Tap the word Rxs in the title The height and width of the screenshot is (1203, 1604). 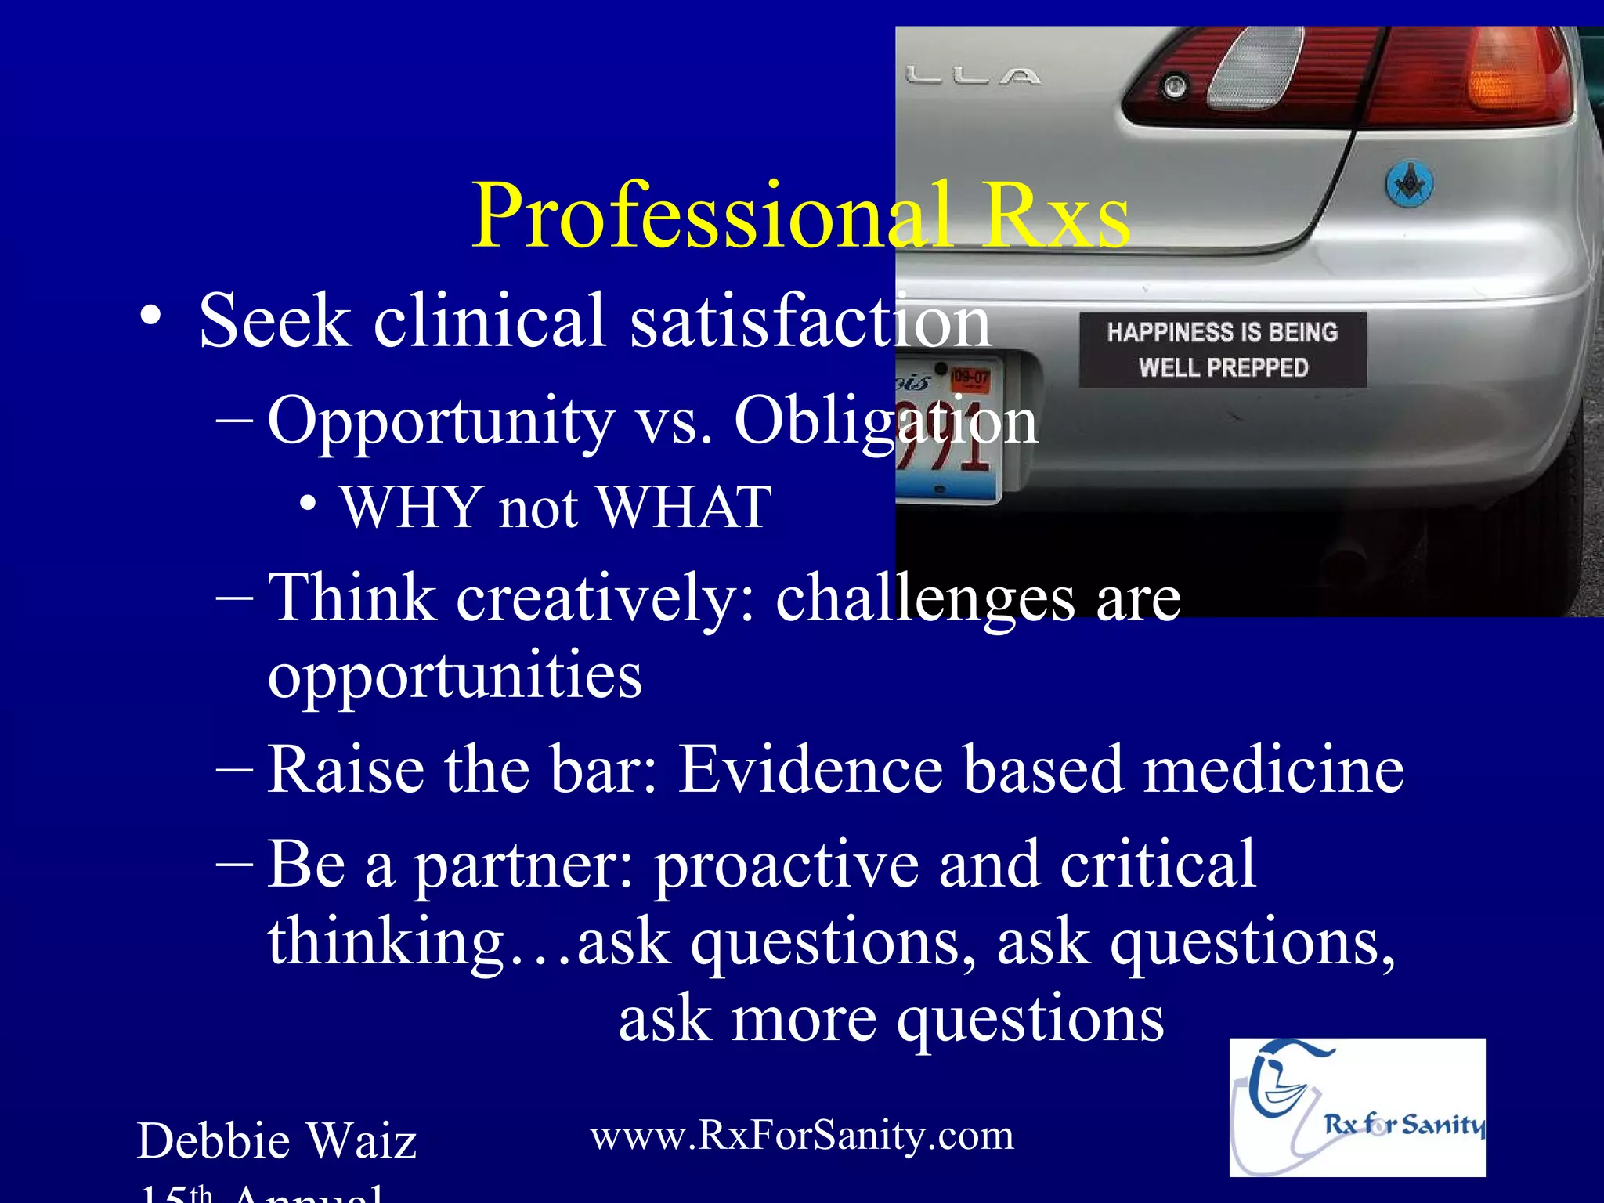[x=1057, y=216]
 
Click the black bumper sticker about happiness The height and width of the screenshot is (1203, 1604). [x=1223, y=349]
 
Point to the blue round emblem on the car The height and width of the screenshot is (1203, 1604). [x=1410, y=185]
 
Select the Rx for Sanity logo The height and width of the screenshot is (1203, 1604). [x=1357, y=1107]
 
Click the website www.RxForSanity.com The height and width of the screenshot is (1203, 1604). [x=801, y=1135]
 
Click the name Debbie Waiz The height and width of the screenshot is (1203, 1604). [x=276, y=1140]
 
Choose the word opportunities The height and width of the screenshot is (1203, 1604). [x=455, y=675]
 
